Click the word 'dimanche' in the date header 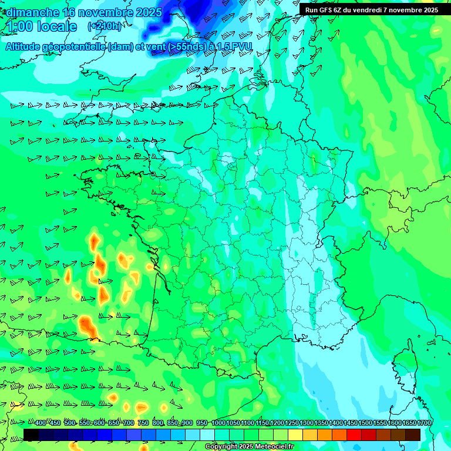coord(32,12)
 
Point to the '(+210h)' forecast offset coord(105,26)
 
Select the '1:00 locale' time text coord(42,26)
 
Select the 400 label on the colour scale coord(41,423)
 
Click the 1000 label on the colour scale coord(218,423)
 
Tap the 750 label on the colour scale coord(143,423)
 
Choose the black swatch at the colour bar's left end coord(31,435)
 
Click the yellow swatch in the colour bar coord(295,435)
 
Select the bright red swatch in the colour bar coord(354,435)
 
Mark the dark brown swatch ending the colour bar coord(413,435)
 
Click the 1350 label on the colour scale coord(321,423)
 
